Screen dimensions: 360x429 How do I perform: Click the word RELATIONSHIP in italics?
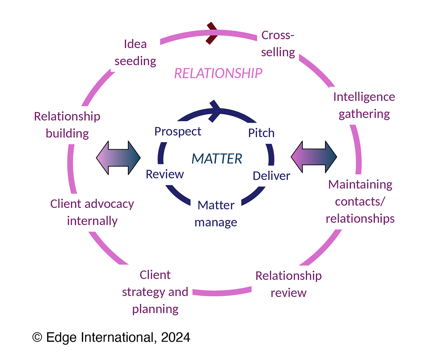[x=218, y=74]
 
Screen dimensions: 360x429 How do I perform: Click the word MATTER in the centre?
[x=217, y=158]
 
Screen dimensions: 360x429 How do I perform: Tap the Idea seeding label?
[x=135, y=53]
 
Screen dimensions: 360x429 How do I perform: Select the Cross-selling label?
[x=278, y=44]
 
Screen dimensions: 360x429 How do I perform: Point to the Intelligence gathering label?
[x=364, y=106]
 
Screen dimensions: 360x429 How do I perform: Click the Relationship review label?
[x=289, y=284]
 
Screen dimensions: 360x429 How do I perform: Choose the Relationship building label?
[x=67, y=125]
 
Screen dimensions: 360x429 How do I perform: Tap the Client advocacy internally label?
[x=92, y=212]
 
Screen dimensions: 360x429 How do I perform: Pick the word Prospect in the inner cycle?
[x=178, y=131]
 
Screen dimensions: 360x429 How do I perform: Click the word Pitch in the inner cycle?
[x=261, y=133]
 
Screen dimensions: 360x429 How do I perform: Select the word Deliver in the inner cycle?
[x=271, y=176]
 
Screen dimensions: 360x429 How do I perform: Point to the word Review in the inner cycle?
[x=165, y=174]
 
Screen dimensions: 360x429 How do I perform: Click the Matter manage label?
[x=216, y=214]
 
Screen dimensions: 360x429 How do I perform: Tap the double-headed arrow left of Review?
[x=118, y=158]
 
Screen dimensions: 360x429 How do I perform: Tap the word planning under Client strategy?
[x=155, y=309]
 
